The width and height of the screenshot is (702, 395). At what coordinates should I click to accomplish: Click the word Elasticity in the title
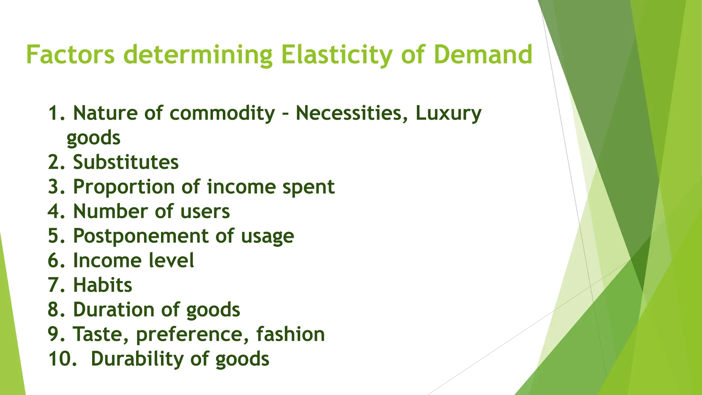tap(336, 55)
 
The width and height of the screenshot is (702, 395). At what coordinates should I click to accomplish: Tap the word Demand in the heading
tap(483, 55)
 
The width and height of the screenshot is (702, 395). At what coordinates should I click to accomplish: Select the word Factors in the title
tap(70, 55)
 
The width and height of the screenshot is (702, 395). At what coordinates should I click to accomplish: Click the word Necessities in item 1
tap(348, 113)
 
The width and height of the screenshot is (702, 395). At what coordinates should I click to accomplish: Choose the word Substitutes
tap(126, 162)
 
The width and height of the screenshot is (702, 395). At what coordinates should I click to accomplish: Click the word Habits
tap(102, 285)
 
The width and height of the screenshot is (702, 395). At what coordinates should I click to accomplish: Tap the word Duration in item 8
tap(113, 310)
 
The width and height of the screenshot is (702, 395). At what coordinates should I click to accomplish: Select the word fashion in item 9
tap(290, 334)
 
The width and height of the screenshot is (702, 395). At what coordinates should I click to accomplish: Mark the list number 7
tap(56, 285)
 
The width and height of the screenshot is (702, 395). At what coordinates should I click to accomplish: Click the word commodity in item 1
tap(222, 113)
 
